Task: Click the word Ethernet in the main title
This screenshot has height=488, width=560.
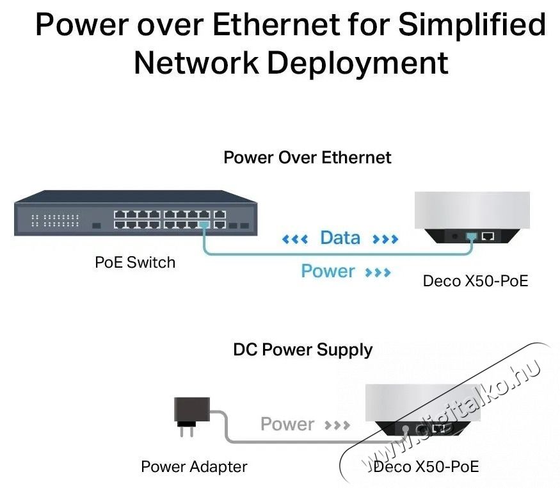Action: [276, 25]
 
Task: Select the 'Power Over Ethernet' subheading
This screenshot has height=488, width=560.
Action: [307, 157]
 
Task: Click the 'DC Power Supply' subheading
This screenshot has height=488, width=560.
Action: [303, 350]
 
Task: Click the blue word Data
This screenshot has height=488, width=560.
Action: [340, 238]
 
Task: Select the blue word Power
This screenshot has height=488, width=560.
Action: [328, 271]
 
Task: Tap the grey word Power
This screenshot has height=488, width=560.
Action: [287, 424]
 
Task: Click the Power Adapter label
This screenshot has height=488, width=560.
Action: [194, 466]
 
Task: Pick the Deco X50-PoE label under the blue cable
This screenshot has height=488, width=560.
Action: [476, 281]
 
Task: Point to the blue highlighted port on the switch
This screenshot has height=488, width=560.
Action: [204, 225]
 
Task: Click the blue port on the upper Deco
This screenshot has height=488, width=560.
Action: [472, 236]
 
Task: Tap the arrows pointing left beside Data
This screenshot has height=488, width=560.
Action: [295, 240]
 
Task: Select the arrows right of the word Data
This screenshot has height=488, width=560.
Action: [385, 240]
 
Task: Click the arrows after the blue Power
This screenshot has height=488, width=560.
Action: [378, 273]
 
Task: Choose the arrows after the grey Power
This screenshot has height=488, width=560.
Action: [337, 425]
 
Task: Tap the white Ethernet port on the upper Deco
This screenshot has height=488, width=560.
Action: [488, 236]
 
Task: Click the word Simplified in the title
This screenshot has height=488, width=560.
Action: [472, 25]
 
